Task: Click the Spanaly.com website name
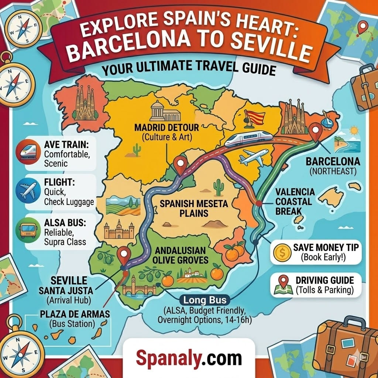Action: point(189,358)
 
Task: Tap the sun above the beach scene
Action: point(354,130)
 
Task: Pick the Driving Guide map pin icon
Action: point(281,285)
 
